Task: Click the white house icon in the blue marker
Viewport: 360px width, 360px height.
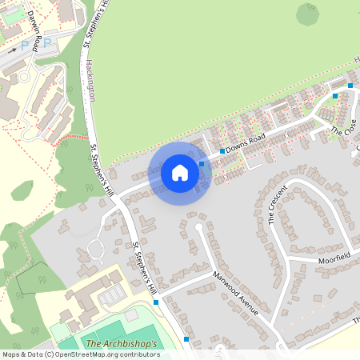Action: coord(180,173)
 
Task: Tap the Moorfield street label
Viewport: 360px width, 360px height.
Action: coord(333,258)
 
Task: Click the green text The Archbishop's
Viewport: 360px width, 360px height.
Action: coord(122,344)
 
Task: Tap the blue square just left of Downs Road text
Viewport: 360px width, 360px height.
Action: coord(222,150)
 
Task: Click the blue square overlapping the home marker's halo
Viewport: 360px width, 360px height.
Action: coord(202,164)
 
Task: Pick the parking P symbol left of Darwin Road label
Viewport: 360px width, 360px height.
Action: coord(23,45)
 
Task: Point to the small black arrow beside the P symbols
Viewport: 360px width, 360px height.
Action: coord(11,49)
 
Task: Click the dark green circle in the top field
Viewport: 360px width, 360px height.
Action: coord(307,14)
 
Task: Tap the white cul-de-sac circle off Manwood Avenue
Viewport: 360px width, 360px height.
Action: coord(198,227)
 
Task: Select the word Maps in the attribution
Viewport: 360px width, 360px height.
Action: coord(11,354)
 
